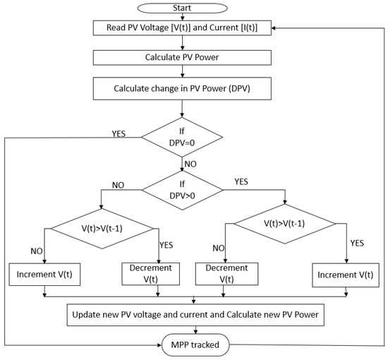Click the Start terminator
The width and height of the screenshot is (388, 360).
point(183,8)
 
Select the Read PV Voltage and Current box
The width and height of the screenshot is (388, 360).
point(183,28)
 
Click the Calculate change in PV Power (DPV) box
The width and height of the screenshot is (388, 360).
point(183,90)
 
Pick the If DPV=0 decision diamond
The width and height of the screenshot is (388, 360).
point(183,136)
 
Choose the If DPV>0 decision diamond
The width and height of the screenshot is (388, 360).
point(183,188)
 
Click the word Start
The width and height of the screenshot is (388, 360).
point(183,8)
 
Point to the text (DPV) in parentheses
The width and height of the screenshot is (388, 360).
point(255,90)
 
